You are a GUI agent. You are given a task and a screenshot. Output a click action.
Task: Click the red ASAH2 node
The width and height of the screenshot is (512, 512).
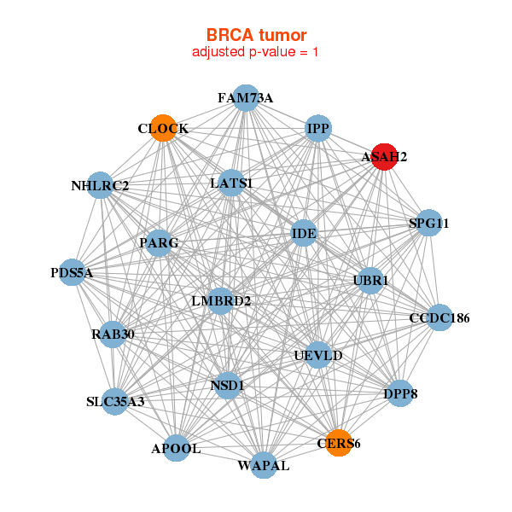[x=384, y=157]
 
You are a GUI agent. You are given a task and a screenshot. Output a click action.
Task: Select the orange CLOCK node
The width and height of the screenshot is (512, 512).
[x=163, y=128]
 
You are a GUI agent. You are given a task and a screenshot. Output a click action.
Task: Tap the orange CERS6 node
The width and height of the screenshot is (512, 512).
[x=339, y=443]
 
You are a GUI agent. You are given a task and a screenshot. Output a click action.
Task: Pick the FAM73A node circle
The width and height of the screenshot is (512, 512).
[x=245, y=97]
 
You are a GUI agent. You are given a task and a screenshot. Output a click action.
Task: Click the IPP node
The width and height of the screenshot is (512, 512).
[x=318, y=129]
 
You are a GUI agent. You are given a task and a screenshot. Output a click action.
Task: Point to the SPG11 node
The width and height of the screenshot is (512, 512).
[x=428, y=224]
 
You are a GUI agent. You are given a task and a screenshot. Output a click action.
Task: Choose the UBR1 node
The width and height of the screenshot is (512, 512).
[x=370, y=280]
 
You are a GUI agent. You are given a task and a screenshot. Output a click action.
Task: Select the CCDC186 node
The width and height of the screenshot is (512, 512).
[x=439, y=318]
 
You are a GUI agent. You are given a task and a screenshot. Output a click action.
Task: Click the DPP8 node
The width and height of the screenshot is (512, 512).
[x=400, y=394]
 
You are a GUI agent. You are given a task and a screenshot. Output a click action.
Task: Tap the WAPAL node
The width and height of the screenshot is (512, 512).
[x=263, y=465]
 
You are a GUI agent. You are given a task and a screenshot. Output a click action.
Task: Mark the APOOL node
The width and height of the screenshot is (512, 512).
[x=176, y=448]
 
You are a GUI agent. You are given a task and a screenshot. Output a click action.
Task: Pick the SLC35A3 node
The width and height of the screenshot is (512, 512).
[x=115, y=401]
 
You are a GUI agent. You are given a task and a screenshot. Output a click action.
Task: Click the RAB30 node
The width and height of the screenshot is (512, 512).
[x=113, y=334]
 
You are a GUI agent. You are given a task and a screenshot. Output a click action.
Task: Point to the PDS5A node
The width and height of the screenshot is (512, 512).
[x=72, y=273]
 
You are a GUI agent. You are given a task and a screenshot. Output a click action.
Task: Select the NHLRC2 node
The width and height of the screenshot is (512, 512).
[x=100, y=185]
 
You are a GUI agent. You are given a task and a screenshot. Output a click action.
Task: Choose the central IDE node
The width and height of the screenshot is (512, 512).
[x=304, y=232]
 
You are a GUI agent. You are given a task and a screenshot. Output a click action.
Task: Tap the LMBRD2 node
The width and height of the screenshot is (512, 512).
[x=220, y=300]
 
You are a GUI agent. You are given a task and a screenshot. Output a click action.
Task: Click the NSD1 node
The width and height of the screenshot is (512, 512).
[x=227, y=386]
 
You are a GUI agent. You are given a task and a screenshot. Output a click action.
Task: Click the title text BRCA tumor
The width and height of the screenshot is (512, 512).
[x=256, y=35]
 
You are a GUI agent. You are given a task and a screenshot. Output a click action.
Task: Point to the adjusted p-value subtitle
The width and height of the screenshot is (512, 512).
[x=256, y=52]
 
